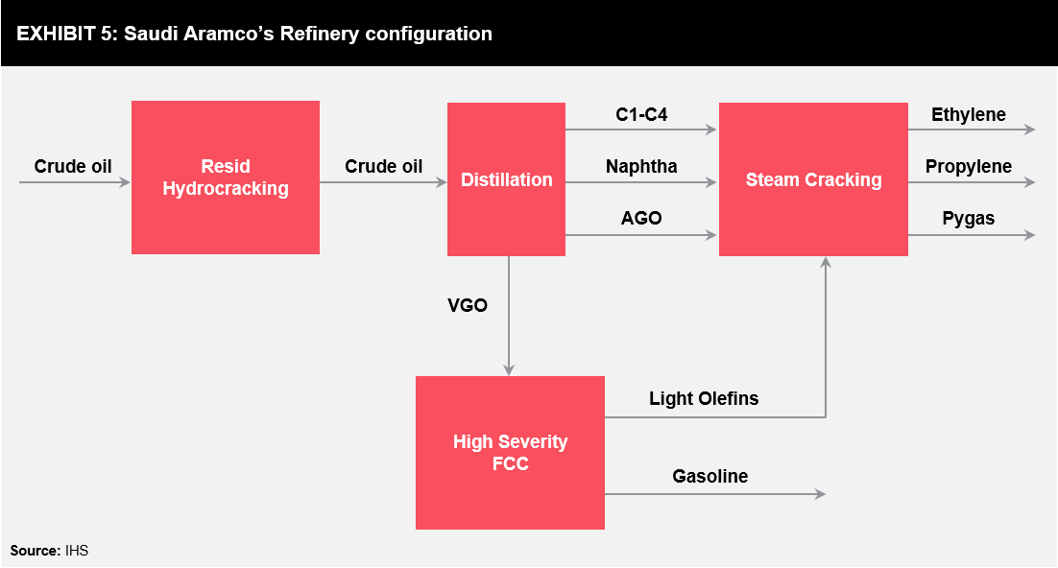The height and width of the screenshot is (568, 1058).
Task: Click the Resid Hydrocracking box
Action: (x=226, y=177)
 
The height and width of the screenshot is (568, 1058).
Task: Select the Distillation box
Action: (x=506, y=179)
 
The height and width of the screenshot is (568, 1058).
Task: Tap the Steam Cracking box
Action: (x=813, y=179)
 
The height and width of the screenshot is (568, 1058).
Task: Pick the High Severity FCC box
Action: (x=510, y=453)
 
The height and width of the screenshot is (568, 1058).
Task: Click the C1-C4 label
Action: (x=641, y=115)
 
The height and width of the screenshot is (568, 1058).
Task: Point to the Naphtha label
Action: (x=641, y=167)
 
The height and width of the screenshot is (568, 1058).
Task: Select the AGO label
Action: (x=641, y=218)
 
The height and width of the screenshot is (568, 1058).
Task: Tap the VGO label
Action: (x=467, y=305)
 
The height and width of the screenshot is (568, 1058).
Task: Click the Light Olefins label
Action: (x=704, y=399)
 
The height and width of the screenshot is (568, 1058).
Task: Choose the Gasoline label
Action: (x=709, y=476)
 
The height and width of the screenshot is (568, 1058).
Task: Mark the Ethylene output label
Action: (x=969, y=115)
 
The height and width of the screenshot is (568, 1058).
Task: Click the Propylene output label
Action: (x=969, y=167)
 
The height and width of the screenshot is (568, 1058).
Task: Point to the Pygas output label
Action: (x=969, y=219)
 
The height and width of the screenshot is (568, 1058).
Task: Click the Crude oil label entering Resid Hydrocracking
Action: (x=73, y=167)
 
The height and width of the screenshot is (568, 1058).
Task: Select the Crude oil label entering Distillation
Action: (x=383, y=167)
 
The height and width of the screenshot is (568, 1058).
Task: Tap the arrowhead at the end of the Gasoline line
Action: (x=821, y=494)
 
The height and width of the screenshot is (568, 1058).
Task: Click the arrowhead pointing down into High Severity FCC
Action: (x=509, y=369)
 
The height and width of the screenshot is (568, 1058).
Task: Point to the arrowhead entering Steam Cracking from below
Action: (x=826, y=263)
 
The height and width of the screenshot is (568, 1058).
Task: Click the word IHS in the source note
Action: (x=76, y=551)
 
